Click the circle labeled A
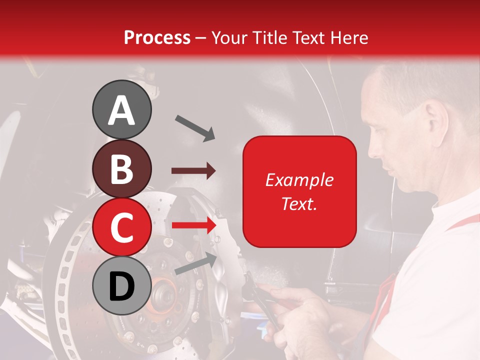(x=121, y=110)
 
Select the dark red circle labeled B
(x=121, y=168)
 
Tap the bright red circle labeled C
(x=121, y=227)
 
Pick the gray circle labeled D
(x=121, y=285)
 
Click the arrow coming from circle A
(x=195, y=128)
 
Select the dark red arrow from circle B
(x=193, y=171)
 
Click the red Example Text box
(x=299, y=191)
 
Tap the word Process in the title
(x=157, y=37)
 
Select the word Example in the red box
(x=299, y=180)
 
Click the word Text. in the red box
(x=299, y=203)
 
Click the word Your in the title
(x=227, y=37)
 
